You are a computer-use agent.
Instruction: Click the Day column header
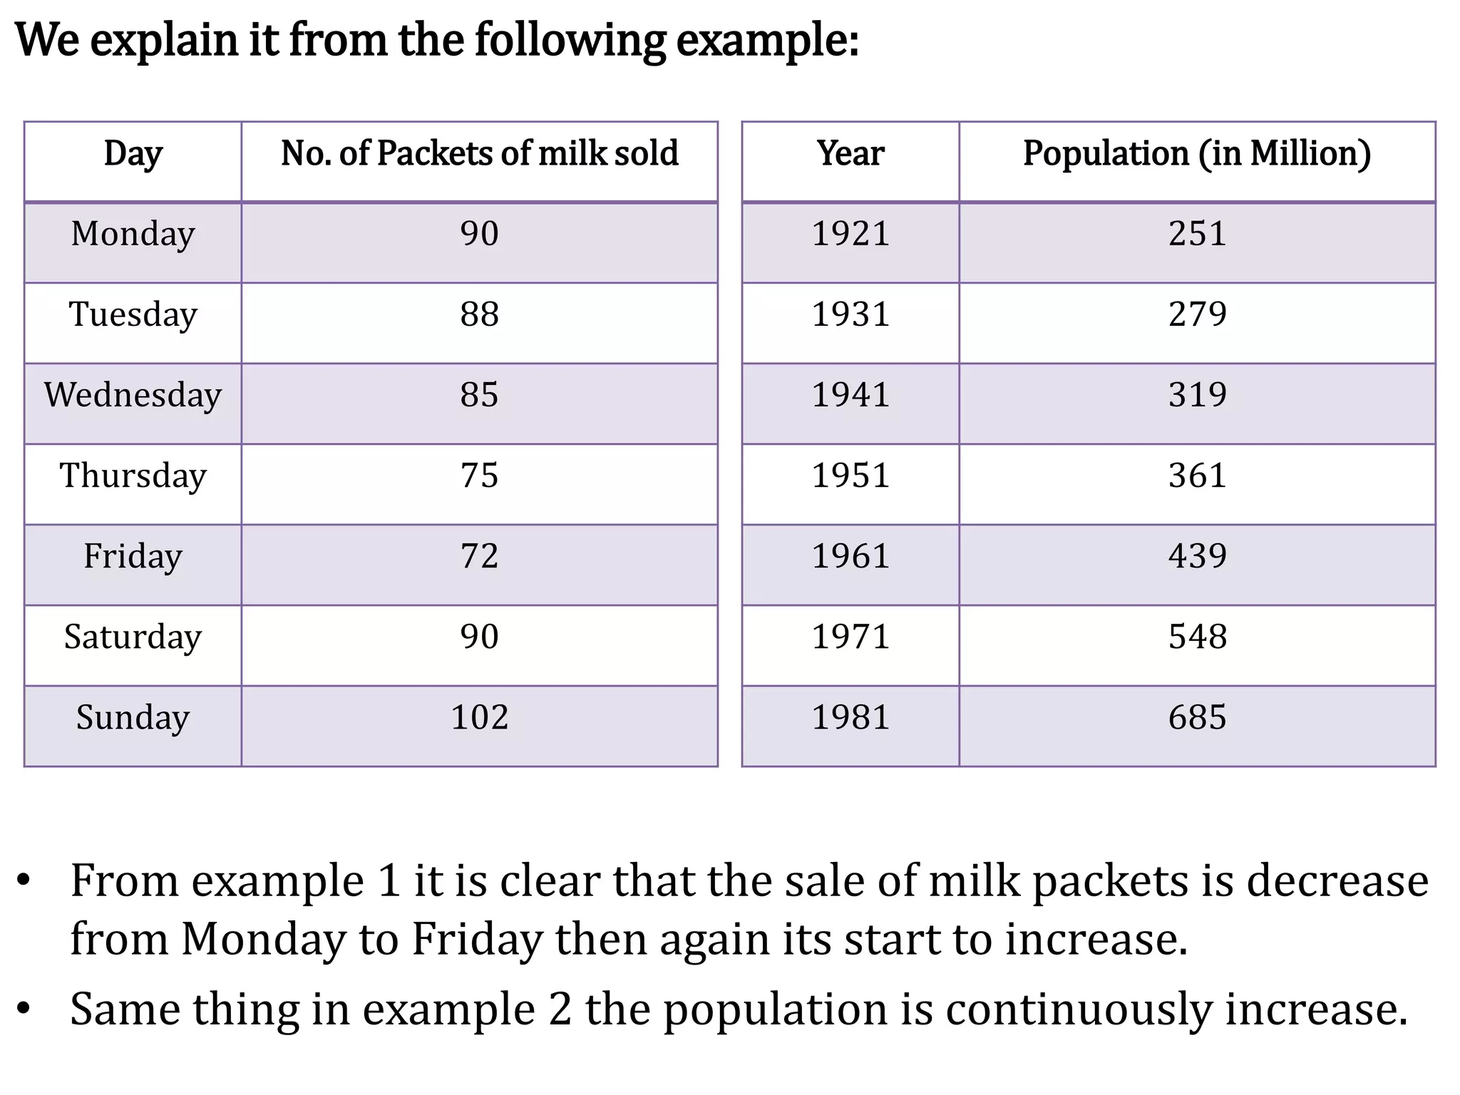point(133,154)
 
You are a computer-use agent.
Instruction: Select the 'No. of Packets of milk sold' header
point(479,154)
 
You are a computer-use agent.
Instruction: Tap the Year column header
point(850,154)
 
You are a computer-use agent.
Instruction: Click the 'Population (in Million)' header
point(1197,154)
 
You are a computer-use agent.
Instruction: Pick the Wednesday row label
point(133,395)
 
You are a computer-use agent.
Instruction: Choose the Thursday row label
point(133,475)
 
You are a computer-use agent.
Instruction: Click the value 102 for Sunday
point(479,717)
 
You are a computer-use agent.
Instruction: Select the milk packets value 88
point(479,314)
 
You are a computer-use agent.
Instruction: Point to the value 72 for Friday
point(479,556)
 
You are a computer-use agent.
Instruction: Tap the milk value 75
point(479,475)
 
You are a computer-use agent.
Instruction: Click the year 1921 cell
point(850,234)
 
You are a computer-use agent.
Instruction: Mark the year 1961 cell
point(850,556)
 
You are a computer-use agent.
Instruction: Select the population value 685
point(1197,717)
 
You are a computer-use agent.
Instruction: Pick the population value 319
point(1197,395)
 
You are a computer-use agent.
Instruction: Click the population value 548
point(1197,637)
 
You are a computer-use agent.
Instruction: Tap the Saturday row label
point(133,637)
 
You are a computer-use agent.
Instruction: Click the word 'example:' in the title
point(767,41)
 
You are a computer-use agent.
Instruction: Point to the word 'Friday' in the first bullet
point(478,940)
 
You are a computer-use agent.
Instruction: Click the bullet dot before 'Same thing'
point(25,1009)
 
